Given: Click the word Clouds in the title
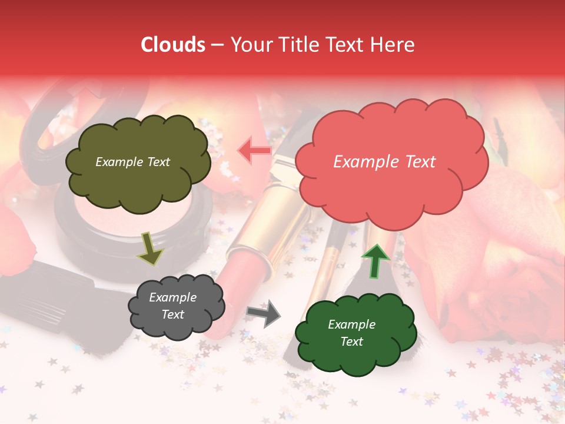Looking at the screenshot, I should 173,45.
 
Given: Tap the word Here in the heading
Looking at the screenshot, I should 393,45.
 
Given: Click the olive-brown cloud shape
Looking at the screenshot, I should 138,183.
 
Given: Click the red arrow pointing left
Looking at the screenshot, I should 255,151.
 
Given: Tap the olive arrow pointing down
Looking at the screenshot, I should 151,248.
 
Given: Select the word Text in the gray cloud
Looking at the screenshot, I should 173,314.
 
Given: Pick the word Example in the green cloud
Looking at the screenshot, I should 351,324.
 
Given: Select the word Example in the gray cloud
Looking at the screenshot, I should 173,297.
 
